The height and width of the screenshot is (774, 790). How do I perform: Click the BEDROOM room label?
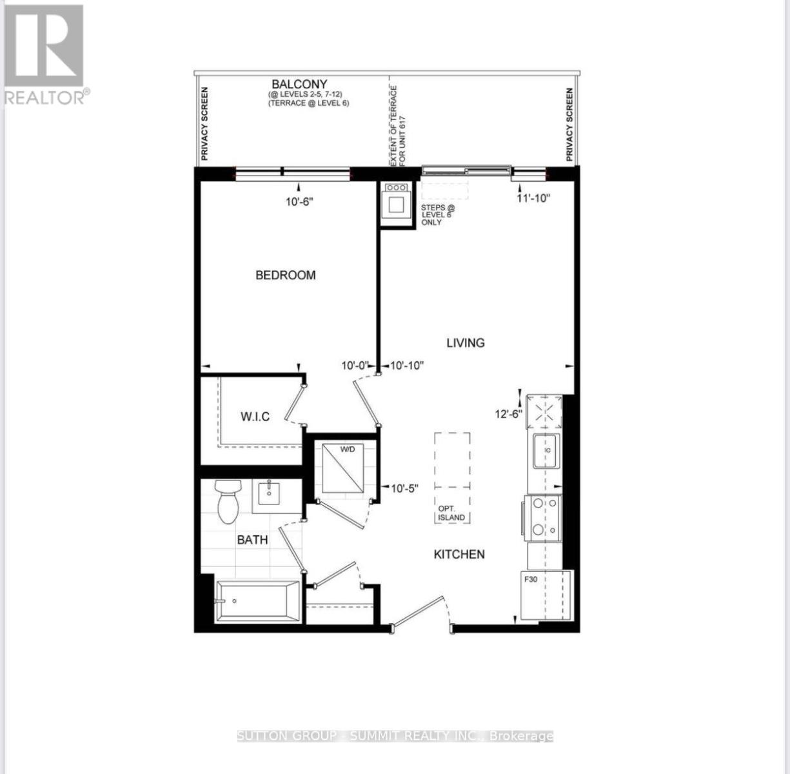pos(286,275)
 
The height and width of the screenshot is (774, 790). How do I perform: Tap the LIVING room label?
pos(465,342)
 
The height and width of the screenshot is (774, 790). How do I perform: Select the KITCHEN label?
pos(459,554)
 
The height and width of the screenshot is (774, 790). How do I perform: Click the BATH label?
pos(252,540)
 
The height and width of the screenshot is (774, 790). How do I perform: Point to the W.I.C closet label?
pos(255,417)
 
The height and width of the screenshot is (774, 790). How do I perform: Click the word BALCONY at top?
pos(299,84)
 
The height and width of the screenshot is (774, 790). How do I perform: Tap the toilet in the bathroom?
pos(228,501)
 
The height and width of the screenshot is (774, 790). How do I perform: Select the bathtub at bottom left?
pos(258,601)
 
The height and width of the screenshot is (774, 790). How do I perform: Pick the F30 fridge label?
pos(530,579)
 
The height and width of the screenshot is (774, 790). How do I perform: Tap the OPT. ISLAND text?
pos(451,513)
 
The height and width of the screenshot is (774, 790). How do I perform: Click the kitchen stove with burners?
pos(544,517)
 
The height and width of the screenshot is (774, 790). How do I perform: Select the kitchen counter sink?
pos(546,450)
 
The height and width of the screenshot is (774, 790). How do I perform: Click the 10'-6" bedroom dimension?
pos(300,201)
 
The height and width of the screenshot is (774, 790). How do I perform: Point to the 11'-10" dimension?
pos(533,199)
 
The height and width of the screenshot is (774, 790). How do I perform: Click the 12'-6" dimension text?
pos(508,414)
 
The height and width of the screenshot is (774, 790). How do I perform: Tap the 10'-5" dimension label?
pos(405,488)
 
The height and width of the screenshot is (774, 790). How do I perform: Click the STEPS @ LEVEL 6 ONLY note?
pos(437,215)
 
